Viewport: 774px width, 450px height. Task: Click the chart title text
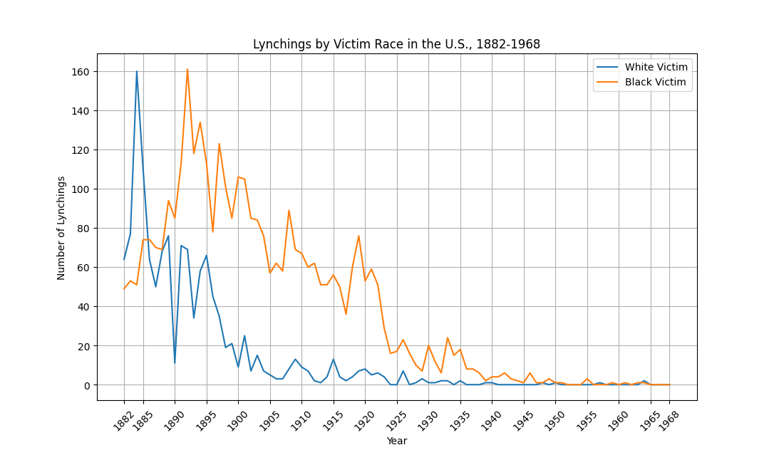(396, 44)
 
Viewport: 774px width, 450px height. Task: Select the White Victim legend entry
(656, 67)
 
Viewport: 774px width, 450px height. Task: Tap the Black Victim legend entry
(656, 82)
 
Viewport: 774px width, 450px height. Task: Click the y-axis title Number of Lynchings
(61, 228)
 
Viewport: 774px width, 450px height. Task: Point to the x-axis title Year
(397, 441)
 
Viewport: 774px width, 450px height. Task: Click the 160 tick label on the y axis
(79, 72)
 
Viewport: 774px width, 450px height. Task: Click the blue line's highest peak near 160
(136, 71)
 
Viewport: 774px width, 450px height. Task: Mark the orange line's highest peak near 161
(187, 69)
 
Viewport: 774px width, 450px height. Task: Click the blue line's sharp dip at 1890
(175, 363)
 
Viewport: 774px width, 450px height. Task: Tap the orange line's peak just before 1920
(358, 236)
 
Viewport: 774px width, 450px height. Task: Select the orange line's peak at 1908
(289, 210)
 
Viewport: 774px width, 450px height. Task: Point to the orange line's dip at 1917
(346, 314)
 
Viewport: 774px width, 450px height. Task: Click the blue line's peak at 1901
(244, 336)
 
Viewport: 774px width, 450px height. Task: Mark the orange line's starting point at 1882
(124, 288)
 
